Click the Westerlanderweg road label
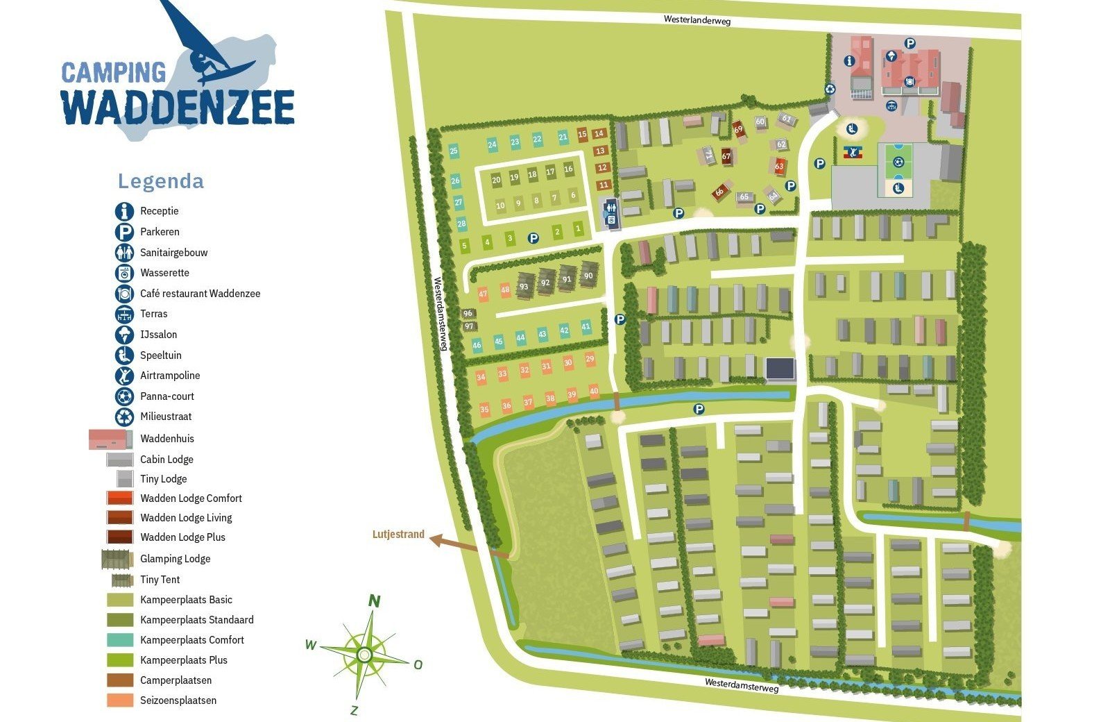click(697, 20)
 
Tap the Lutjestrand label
click(398, 535)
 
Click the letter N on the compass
click(374, 601)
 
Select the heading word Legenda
click(161, 181)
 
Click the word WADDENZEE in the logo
click(178, 108)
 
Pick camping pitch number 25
click(454, 151)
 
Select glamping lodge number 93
click(524, 286)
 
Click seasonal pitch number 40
click(594, 392)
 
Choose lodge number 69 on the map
click(738, 129)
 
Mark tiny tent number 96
click(468, 314)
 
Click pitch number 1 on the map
click(579, 229)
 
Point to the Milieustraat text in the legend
click(166, 417)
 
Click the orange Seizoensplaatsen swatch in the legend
click(120, 700)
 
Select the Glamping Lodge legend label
click(175, 559)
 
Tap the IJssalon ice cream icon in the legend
click(124, 335)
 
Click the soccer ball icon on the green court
click(898, 162)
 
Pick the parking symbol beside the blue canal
click(699, 410)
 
